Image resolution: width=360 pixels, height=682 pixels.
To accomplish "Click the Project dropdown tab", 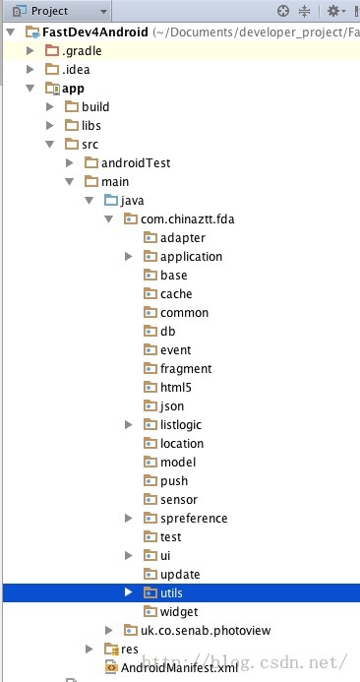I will pyautogui.click(x=54, y=11).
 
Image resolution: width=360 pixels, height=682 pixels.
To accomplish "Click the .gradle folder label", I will pyautogui.click(x=83, y=51).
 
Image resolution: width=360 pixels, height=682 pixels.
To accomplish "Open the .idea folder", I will pyautogui.click(x=77, y=70).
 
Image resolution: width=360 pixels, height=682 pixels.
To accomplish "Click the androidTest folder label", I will pyautogui.click(x=134, y=163).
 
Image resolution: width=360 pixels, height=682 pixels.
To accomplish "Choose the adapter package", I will pyautogui.click(x=183, y=238).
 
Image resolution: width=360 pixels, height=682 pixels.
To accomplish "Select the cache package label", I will pyautogui.click(x=176, y=294).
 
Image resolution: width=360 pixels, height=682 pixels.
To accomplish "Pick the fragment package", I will pyautogui.click(x=186, y=369).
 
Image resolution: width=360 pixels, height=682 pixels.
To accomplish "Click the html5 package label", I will pyautogui.click(x=176, y=388).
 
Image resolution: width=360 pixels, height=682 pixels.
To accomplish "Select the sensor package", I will pyautogui.click(x=179, y=500).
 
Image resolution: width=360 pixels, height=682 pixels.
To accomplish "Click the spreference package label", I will pyautogui.click(x=194, y=519).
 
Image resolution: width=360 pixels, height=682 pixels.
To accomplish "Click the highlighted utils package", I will pyautogui.click(x=171, y=593).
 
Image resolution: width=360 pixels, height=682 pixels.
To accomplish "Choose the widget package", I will pyautogui.click(x=179, y=612).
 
